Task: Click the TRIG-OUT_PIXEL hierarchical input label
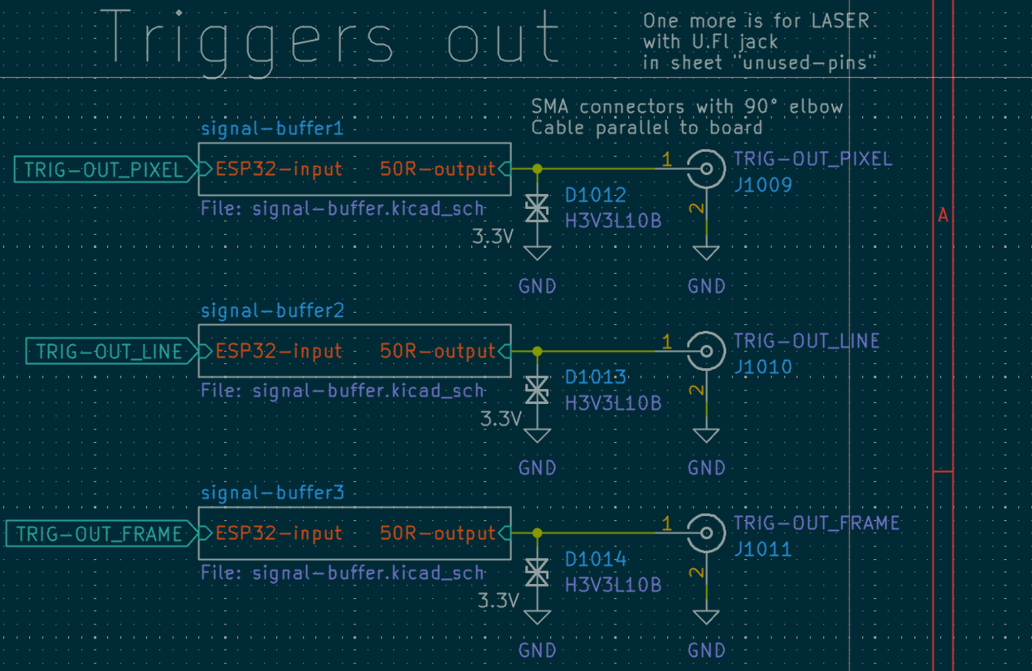tap(103, 170)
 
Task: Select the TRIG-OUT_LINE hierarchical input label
tap(109, 352)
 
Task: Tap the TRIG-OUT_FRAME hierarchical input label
tap(99, 534)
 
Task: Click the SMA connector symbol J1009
tap(706, 170)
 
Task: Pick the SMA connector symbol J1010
tap(706, 352)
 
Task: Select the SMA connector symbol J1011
tap(706, 534)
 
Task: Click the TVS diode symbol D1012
tap(538, 210)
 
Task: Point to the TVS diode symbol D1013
tap(538, 391)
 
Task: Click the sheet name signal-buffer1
tap(272, 129)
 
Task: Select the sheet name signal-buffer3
tap(272, 494)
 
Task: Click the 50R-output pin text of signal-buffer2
tap(437, 352)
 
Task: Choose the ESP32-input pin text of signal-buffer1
tap(279, 170)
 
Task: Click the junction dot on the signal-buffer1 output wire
tap(538, 169)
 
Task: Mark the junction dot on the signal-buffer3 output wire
tap(538, 533)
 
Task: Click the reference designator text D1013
tap(596, 377)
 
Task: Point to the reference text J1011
tap(762, 549)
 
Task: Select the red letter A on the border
tap(942, 216)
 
